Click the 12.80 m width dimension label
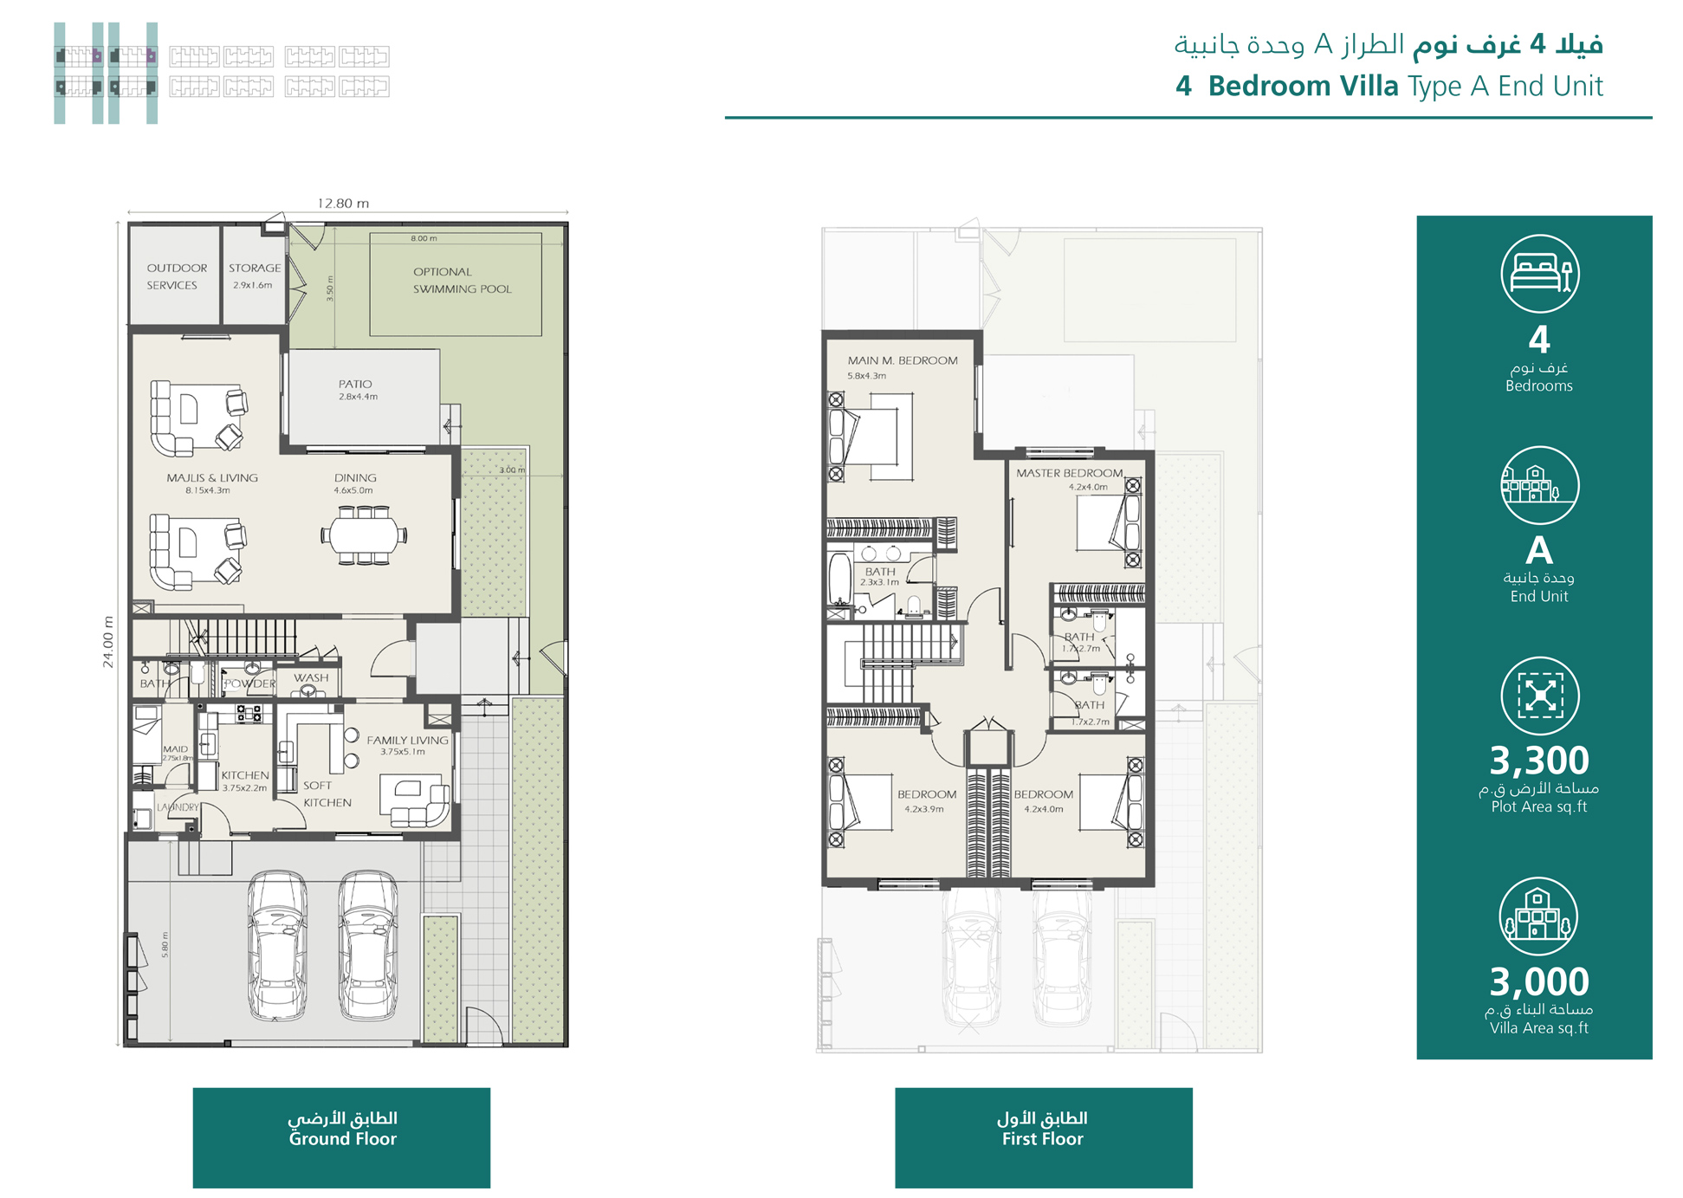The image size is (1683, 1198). click(x=343, y=204)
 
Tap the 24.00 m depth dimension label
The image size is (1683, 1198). click(x=108, y=642)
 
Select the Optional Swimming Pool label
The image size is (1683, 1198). click(x=462, y=281)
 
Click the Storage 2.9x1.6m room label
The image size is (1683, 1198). click(x=254, y=275)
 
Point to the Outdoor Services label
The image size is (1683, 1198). click(x=176, y=276)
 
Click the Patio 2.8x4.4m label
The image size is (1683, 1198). click(x=357, y=389)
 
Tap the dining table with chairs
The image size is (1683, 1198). click(x=364, y=534)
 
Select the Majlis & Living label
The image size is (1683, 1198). click(x=211, y=482)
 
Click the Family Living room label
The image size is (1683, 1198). click(x=407, y=744)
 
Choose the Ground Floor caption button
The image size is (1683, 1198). click(x=341, y=1137)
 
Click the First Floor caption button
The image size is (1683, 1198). click(x=1043, y=1137)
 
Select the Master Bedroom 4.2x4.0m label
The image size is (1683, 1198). click(x=1069, y=479)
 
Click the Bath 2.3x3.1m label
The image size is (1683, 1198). click(x=880, y=576)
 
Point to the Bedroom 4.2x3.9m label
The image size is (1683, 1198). click(x=926, y=800)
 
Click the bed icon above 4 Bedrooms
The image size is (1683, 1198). click(x=1539, y=274)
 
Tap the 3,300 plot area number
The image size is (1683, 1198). click(x=1538, y=761)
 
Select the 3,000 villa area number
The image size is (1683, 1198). click(x=1538, y=981)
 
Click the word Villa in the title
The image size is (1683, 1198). click(x=1369, y=87)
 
